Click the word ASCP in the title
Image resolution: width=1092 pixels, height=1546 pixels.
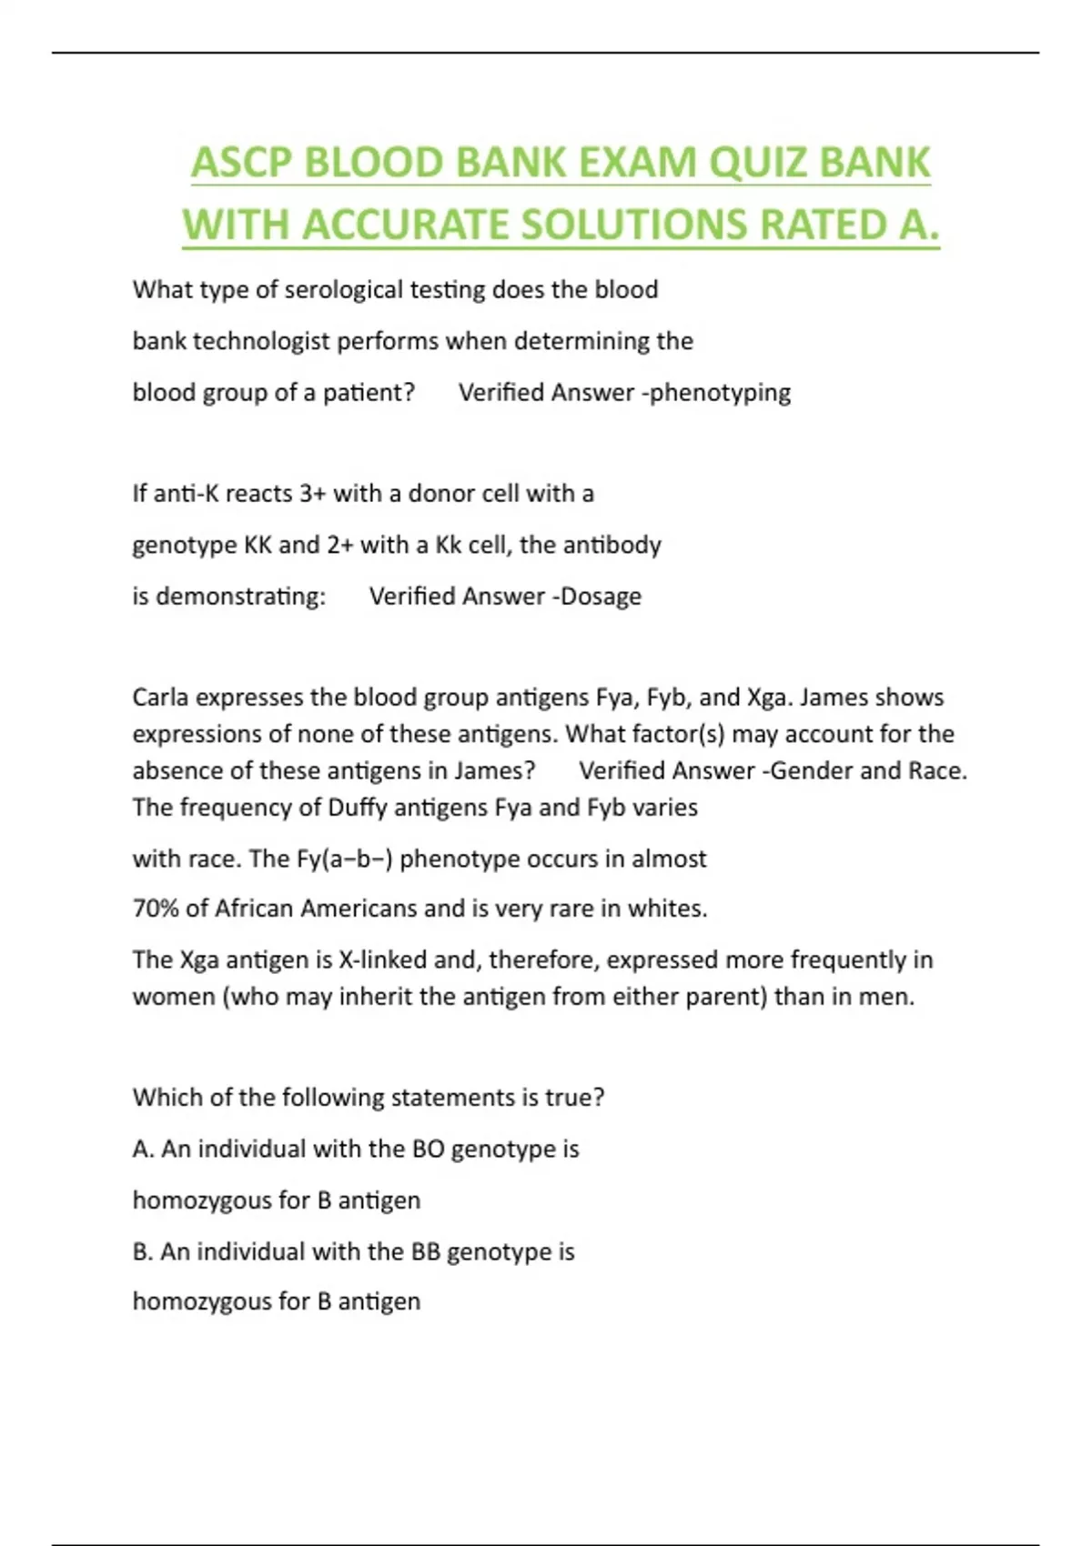(241, 164)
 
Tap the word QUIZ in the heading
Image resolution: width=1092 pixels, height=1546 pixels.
(760, 164)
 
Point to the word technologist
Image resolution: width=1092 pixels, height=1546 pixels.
(261, 342)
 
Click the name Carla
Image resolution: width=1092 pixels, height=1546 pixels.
(160, 698)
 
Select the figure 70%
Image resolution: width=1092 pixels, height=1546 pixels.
(156, 909)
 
